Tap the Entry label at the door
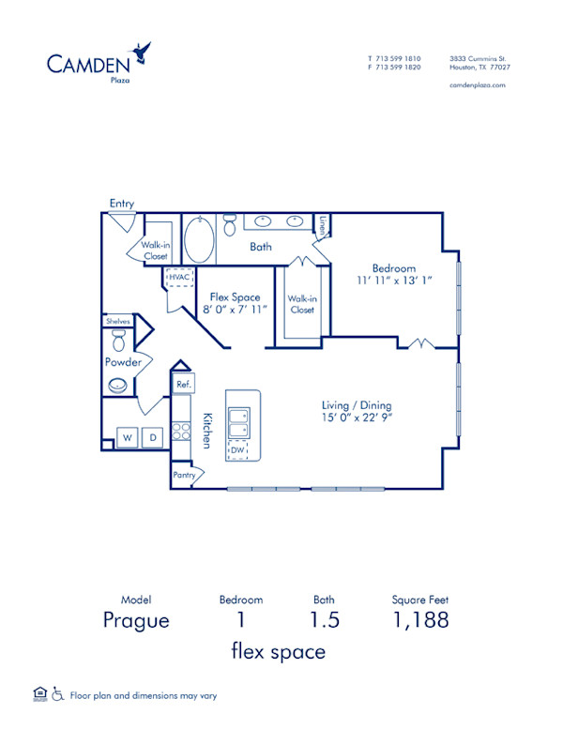point(121,204)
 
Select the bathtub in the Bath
point(199,240)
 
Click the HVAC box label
point(178,278)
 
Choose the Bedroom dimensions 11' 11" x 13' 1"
point(394,280)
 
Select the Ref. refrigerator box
point(184,384)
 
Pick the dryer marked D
point(153,436)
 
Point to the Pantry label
point(184,476)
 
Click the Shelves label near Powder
point(117,321)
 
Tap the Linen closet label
point(323,226)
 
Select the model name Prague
point(137,620)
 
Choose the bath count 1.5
point(325,620)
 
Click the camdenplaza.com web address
point(478,84)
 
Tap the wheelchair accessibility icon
point(59,694)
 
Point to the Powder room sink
point(118,384)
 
